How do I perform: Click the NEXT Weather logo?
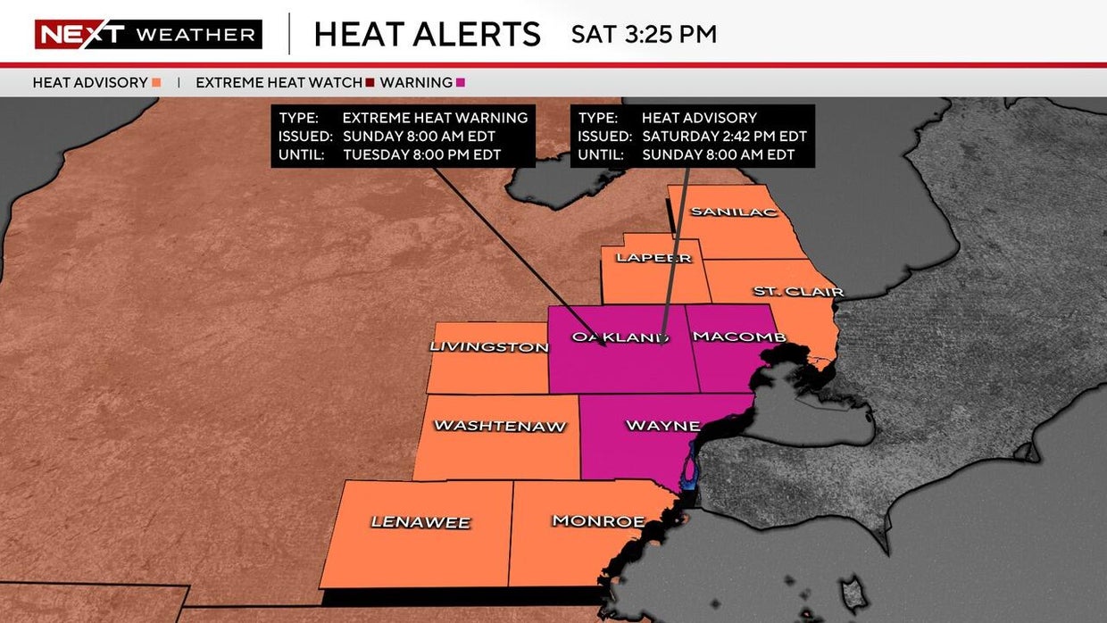pos(148,34)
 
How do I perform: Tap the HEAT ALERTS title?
pos(427,35)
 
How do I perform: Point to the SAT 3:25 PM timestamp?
pos(644,35)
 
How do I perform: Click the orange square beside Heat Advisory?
pos(156,83)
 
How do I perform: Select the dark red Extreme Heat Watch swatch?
pos(370,83)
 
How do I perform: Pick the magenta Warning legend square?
pos(461,83)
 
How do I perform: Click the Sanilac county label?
pos(735,212)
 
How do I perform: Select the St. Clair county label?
pos(798,291)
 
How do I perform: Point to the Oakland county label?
pos(620,336)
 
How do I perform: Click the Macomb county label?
pos(739,336)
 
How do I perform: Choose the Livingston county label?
pos(488,346)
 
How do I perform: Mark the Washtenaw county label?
pos(500,426)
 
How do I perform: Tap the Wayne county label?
pos(662,425)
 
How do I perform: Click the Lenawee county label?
pos(420,522)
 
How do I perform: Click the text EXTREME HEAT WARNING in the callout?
pos(435,118)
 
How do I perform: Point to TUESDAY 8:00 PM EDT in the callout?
pos(421,154)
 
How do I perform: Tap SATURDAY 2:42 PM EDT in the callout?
pos(724,137)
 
